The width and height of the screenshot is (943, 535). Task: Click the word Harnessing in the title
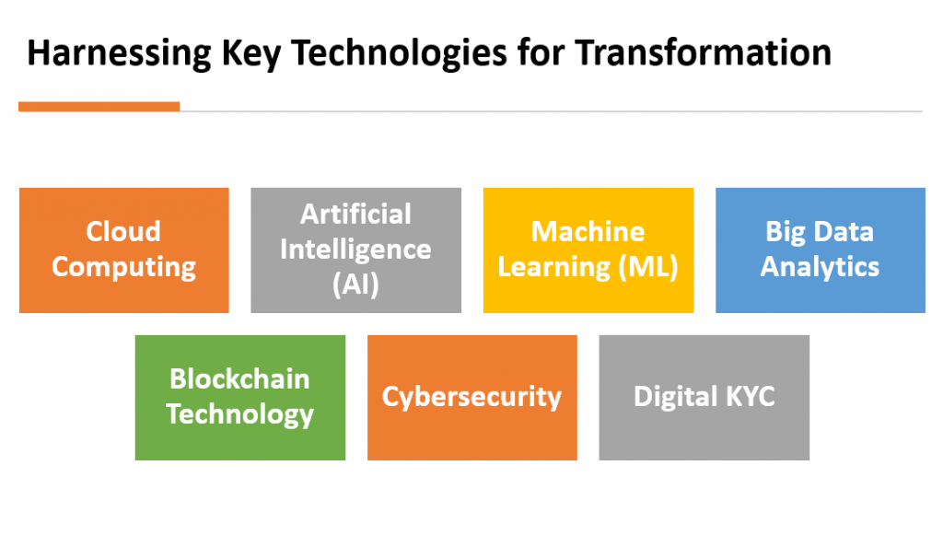pyautogui.click(x=119, y=52)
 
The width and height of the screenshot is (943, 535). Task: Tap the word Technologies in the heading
pyautogui.click(x=400, y=52)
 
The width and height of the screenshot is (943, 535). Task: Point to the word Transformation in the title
pyautogui.click(x=703, y=52)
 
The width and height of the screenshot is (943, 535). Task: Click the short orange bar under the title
pyautogui.click(x=99, y=107)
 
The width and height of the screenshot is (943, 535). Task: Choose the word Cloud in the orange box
pyautogui.click(x=123, y=231)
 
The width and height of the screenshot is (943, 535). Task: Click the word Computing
pyautogui.click(x=124, y=267)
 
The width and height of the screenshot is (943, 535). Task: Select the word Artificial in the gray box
pyautogui.click(x=355, y=214)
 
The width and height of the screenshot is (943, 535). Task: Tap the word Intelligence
pyautogui.click(x=355, y=250)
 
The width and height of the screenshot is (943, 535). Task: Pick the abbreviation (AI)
pyautogui.click(x=355, y=285)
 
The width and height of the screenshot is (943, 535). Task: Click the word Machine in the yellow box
pyautogui.click(x=588, y=231)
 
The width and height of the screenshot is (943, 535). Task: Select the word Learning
pyautogui.click(x=553, y=267)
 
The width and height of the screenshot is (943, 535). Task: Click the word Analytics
pyautogui.click(x=820, y=267)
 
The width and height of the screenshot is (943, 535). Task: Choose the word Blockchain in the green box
pyautogui.click(x=239, y=378)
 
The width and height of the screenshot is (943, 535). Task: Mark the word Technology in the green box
pyautogui.click(x=240, y=414)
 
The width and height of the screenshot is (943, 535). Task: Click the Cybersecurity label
pyautogui.click(x=471, y=398)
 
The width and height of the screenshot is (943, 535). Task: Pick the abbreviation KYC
pyautogui.click(x=751, y=397)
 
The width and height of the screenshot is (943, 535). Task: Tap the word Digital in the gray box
pyautogui.click(x=676, y=398)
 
